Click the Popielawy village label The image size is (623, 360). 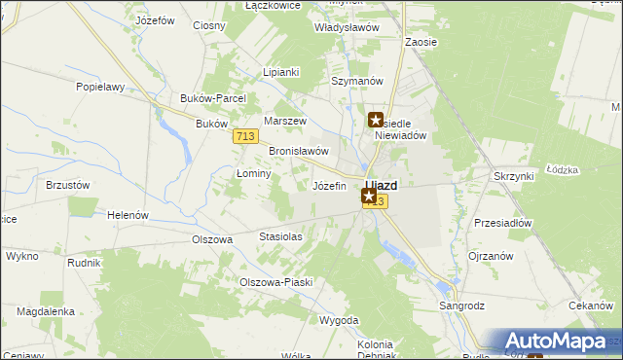[101, 87]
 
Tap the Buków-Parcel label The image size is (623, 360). [213, 98]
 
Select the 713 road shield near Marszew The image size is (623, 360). [245, 136]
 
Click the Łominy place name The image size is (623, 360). [253, 172]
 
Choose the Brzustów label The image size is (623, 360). [68, 184]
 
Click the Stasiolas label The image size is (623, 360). [280, 236]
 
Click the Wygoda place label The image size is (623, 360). [339, 320]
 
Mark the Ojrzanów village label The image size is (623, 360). [492, 255]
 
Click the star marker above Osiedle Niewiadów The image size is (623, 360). [376, 121]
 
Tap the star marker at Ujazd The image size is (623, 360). [369, 197]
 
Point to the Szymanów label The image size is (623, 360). [355, 81]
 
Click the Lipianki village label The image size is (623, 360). [281, 72]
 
